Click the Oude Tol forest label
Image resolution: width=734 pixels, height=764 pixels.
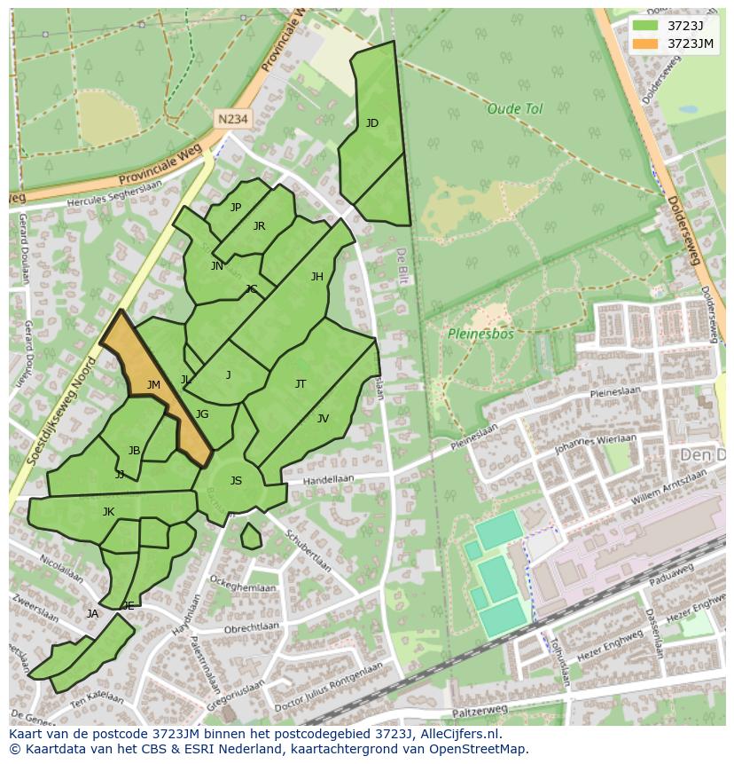coord(514,109)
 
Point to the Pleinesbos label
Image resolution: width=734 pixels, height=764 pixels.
coord(480,335)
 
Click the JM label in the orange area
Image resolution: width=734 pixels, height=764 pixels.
coord(153,385)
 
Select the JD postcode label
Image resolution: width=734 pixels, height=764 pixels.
coord(372,123)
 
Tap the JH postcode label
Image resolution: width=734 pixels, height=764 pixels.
coord(316,277)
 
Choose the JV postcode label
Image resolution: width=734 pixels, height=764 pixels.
coord(323,419)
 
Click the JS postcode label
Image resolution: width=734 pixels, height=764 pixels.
coord(236,481)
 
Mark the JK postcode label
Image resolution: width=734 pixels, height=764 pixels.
coord(108,512)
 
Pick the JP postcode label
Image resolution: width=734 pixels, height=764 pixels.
coord(236,208)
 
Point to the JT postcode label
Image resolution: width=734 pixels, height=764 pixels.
coord(301,384)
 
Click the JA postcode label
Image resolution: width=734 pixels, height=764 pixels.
coord(92,614)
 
